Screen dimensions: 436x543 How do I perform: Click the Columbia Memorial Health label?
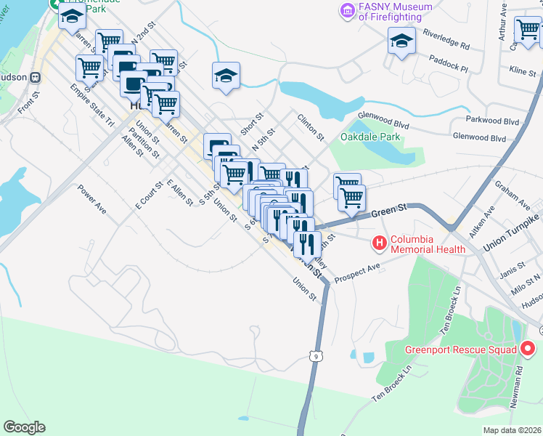pos(428,244)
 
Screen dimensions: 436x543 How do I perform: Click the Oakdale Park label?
pos(370,136)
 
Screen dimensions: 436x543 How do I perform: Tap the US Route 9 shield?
pos(314,355)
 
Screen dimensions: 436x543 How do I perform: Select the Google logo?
pos(24,427)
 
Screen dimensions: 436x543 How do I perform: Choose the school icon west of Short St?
pos(226,75)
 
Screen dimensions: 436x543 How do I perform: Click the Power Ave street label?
pos(92,201)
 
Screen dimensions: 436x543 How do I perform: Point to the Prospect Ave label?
pos(358,269)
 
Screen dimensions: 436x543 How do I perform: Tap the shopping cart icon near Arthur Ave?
pos(527,30)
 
